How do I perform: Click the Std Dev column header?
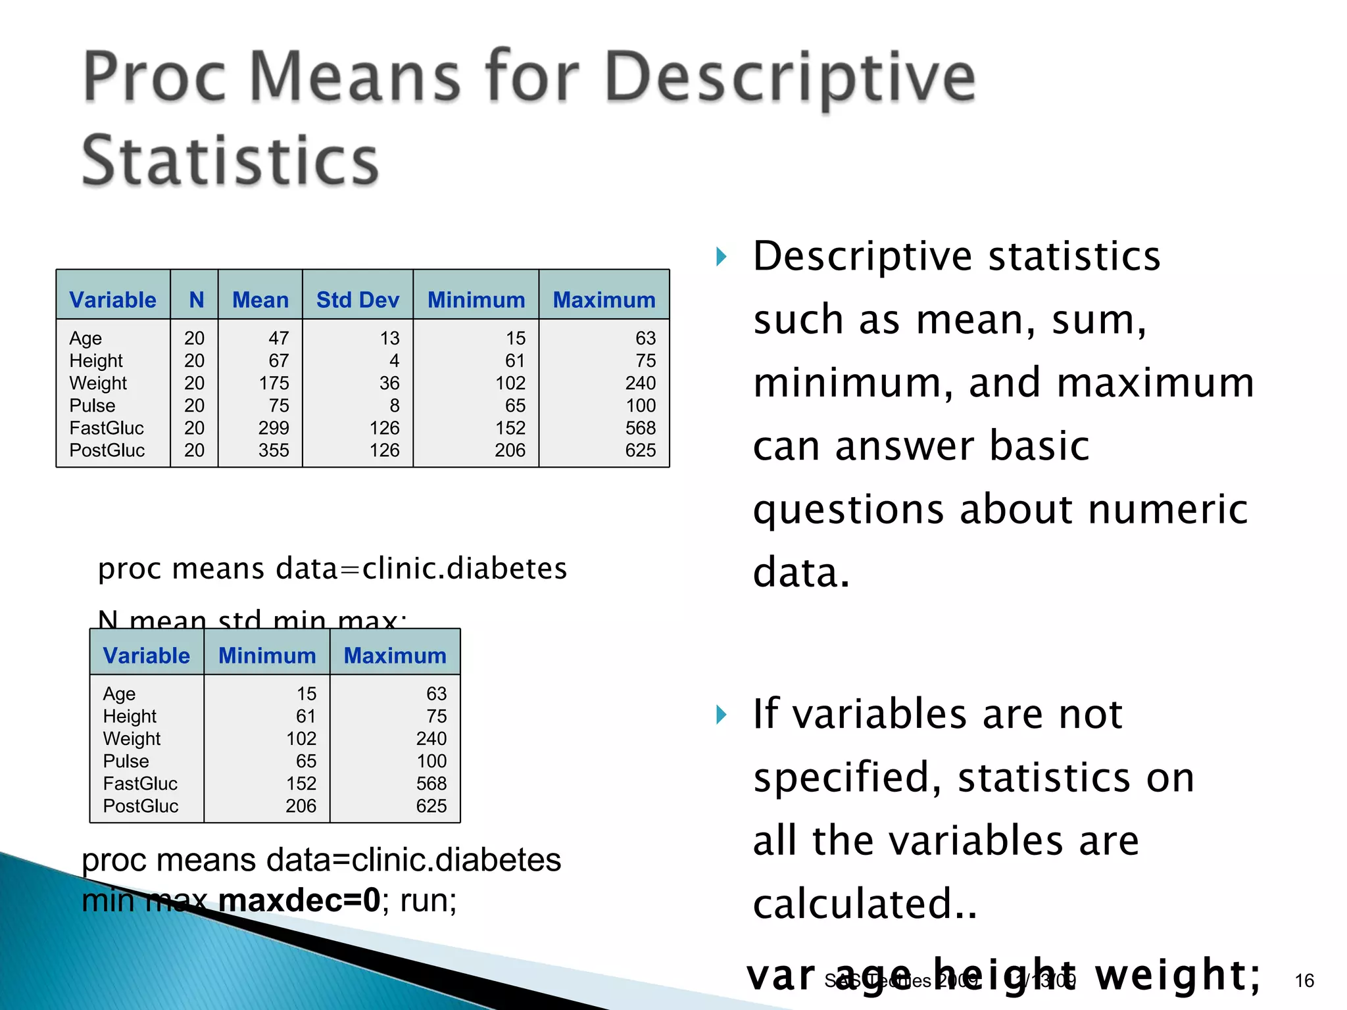click(x=358, y=300)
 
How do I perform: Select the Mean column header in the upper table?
click(x=260, y=300)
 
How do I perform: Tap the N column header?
click(x=196, y=300)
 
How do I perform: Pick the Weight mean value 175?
click(x=274, y=383)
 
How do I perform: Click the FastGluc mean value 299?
click(x=274, y=428)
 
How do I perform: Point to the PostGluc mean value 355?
click(x=274, y=450)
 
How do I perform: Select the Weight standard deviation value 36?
click(x=389, y=383)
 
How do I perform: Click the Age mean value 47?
click(x=278, y=338)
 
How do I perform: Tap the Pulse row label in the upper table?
click(x=92, y=406)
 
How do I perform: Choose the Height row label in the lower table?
click(x=130, y=716)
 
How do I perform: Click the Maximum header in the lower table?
click(x=395, y=656)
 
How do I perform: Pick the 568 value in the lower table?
click(x=431, y=783)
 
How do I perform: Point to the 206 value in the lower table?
click(x=301, y=806)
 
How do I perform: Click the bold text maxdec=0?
click(x=299, y=900)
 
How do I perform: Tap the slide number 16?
click(x=1304, y=980)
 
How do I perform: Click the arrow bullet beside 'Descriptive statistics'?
click(x=722, y=256)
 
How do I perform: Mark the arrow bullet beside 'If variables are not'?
click(x=722, y=715)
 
